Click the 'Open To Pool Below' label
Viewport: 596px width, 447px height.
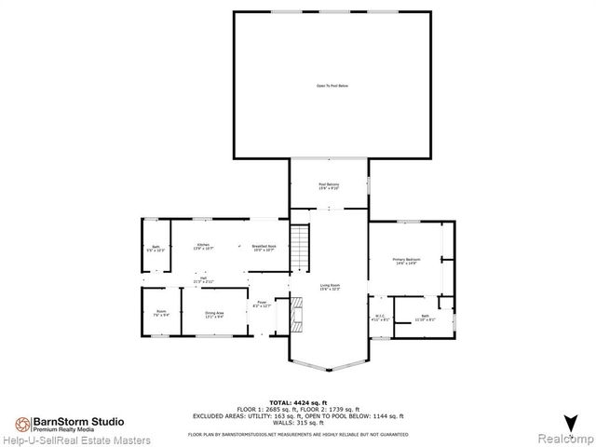point(332,86)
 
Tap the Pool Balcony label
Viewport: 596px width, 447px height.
point(329,186)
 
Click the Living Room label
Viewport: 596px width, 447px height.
point(329,288)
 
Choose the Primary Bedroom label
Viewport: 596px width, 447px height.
point(405,262)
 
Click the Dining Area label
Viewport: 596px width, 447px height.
point(214,315)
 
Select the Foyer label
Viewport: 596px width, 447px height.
point(264,305)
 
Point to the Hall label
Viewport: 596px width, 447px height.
point(203,279)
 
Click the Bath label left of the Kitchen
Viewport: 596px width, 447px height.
point(155,249)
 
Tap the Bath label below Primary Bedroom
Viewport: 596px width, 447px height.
point(425,318)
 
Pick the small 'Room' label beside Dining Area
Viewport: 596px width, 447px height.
point(161,314)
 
